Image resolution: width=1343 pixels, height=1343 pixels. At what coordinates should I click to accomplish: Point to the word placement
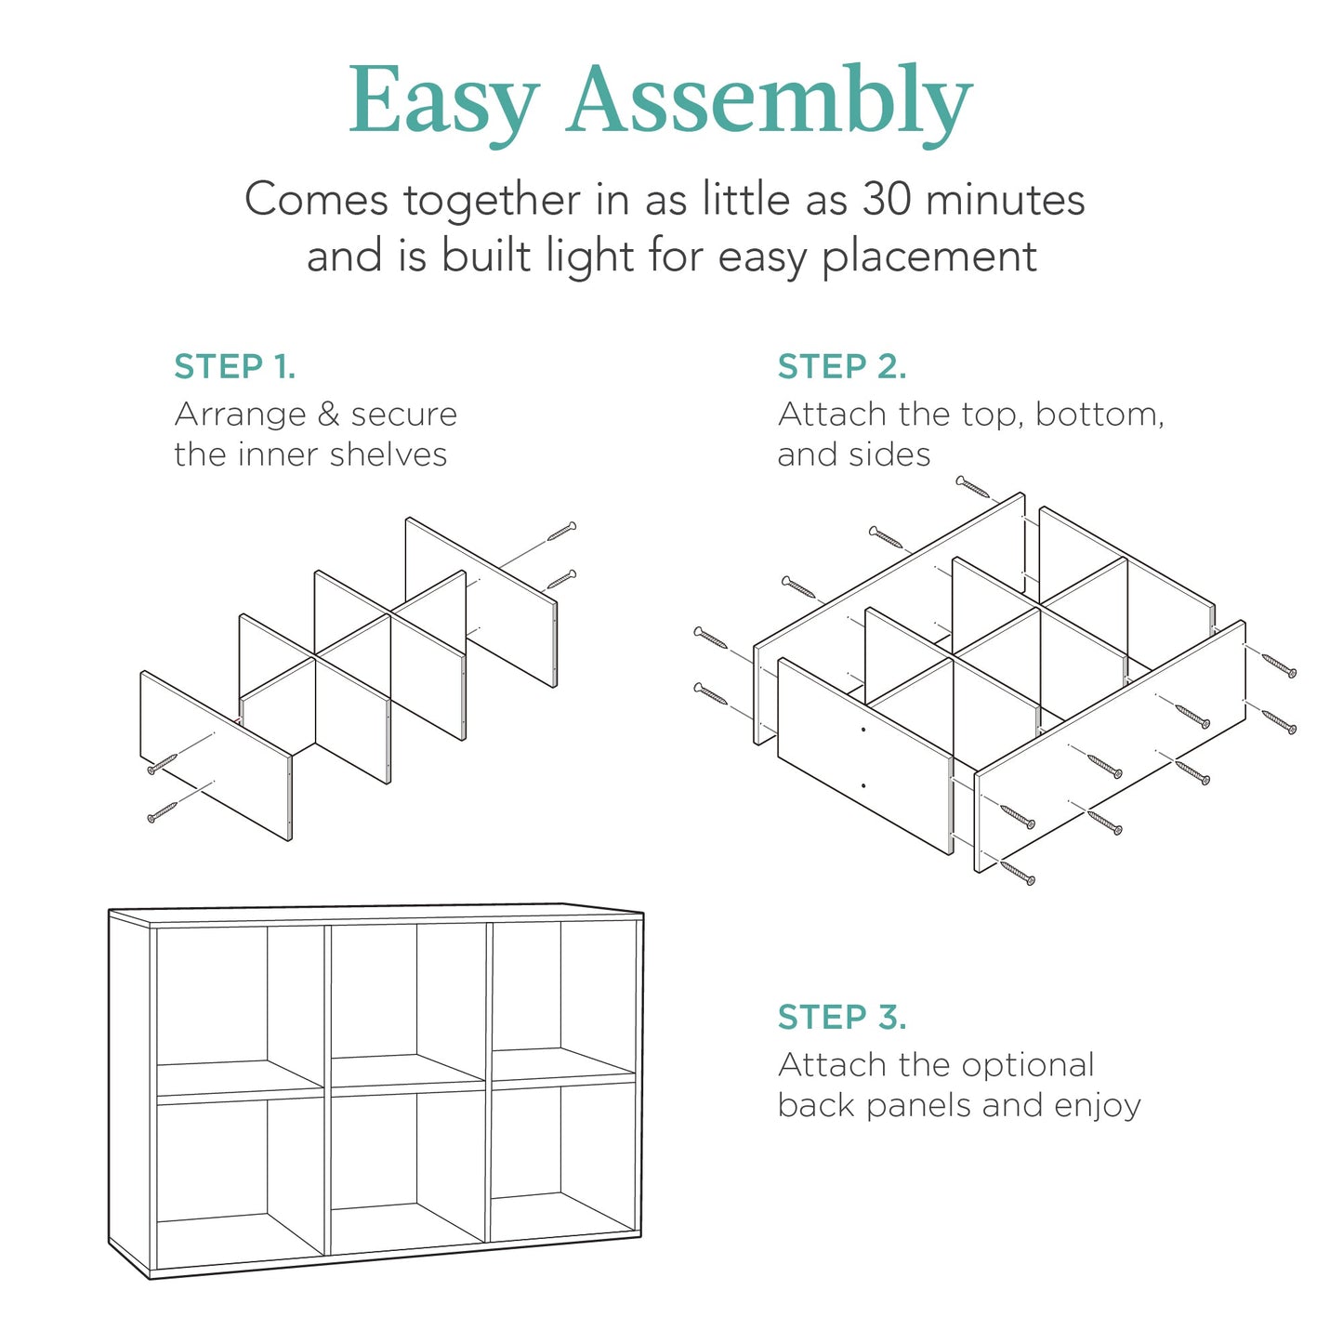coord(928,257)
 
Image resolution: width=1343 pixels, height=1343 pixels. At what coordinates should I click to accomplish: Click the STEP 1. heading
coord(235,367)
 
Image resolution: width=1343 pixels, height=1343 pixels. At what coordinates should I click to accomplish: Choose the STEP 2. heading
coord(842,367)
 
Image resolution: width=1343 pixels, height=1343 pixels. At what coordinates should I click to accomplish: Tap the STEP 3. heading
coord(842,1018)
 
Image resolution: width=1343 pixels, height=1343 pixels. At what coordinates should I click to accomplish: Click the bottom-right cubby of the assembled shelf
coord(563,1162)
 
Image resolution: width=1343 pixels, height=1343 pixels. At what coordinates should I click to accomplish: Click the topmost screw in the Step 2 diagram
coord(974,486)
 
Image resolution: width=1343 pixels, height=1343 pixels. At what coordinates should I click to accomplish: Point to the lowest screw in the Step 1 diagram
coord(162,813)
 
